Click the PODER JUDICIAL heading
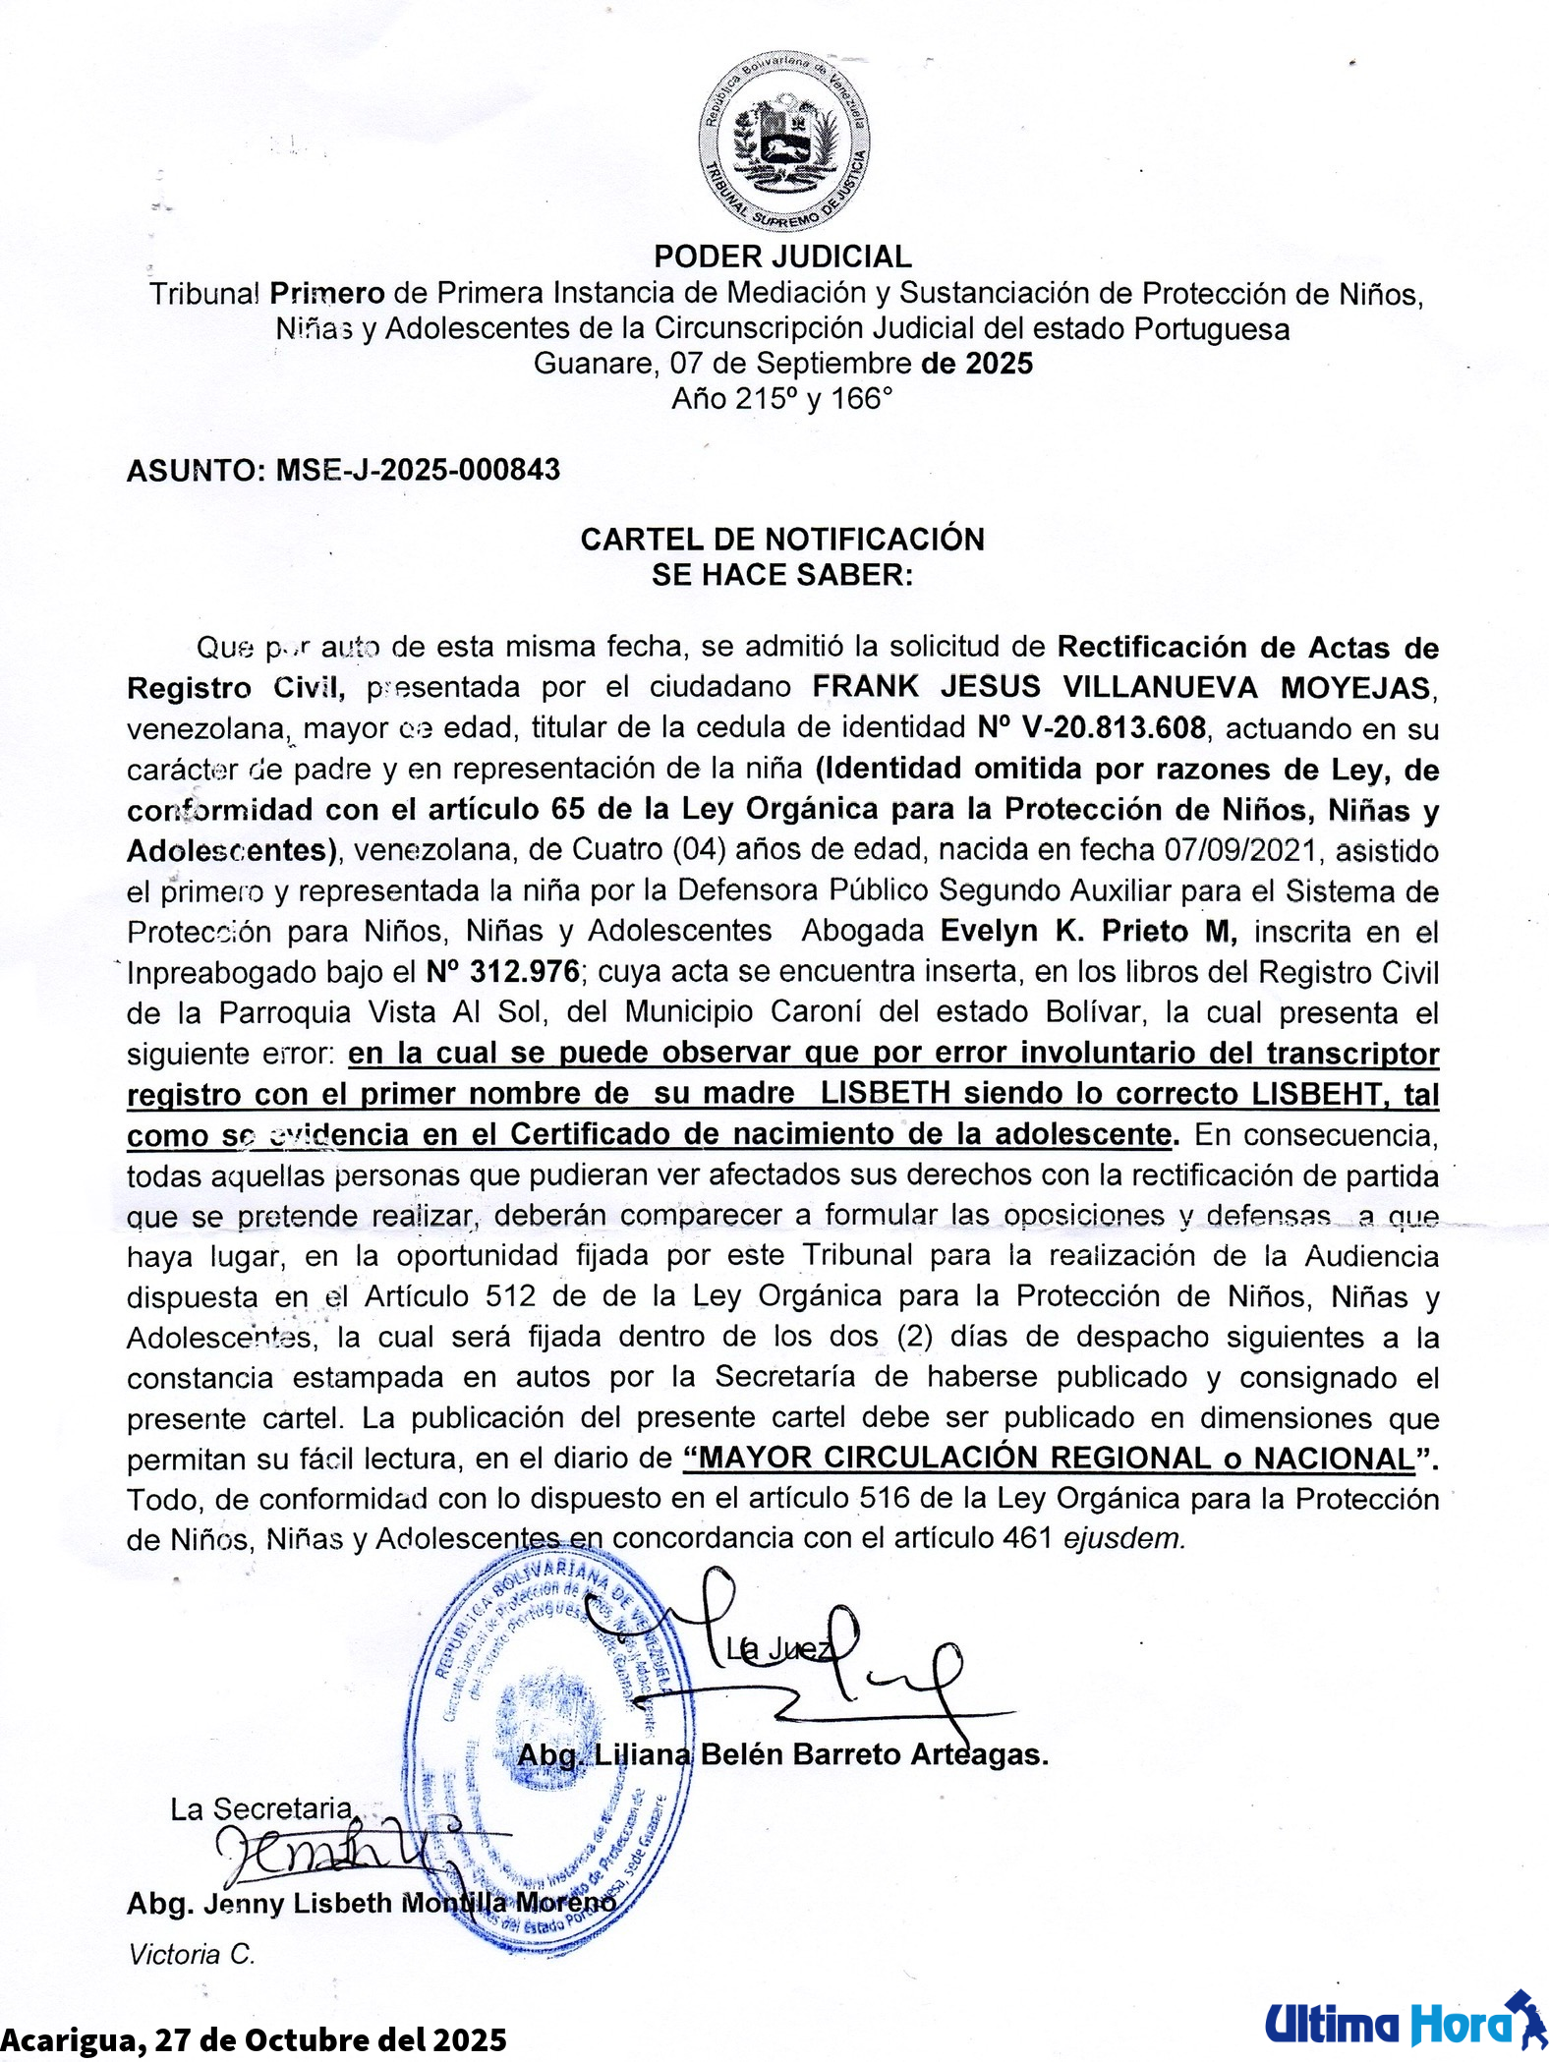[x=782, y=257]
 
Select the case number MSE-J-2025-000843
[x=418, y=470]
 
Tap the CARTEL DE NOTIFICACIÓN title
[x=782, y=540]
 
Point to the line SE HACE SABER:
[x=782, y=575]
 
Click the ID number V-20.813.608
[x=1091, y=728]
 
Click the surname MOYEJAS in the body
[x=1355, y=687]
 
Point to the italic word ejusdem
[x=1124, y=1538]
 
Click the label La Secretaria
[x=260, y=1808]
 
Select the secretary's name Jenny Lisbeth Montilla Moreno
[x=371, y=1904]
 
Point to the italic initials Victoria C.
[x=192, y=1954]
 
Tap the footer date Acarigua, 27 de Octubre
[x=254, y=2040]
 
